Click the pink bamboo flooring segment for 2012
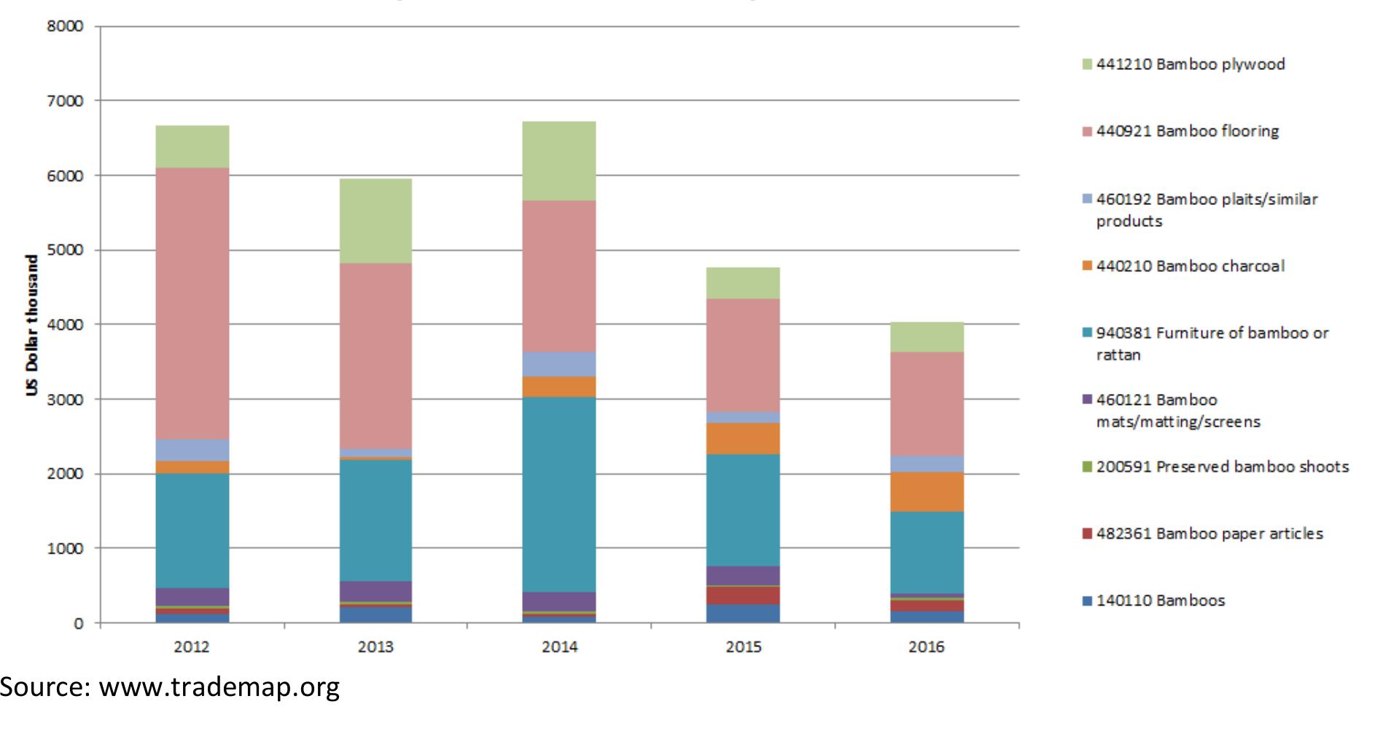tap(192, 303)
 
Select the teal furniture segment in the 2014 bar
tap(559, 494)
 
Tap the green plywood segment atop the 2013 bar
tap(375, 220)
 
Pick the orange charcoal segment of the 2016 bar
tap(927, 492)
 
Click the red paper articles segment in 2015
tap(743, 595)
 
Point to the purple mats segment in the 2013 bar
tap(375, 591)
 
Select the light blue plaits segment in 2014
tap(559, 364)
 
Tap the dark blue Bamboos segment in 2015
tap(743, 613)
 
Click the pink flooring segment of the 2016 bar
tap(927, 403)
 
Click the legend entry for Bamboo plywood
tap(1190, 64)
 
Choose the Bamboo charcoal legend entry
tap(1190, 266)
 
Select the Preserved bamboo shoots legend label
tap(1222, 467)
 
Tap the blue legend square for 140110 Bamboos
tap(1087, 601)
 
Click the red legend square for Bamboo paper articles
tap(1087, 534)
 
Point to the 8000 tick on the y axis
tap(66, 26)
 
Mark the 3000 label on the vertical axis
tap(66, 400)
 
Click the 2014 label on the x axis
tap(559, 647)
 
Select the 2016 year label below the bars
tap(926, 647)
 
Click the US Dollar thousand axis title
tap(31, 325)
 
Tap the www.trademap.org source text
tap(219, 686)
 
